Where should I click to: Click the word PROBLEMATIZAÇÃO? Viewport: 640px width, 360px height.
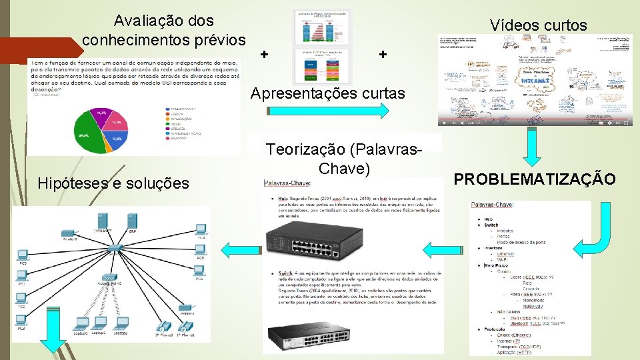535,179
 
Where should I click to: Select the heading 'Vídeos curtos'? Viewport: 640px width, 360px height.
538,25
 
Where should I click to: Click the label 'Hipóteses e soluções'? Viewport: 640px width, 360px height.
113,183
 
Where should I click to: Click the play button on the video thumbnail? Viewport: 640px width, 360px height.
445,123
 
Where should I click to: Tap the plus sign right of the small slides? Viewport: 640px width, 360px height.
383,54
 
